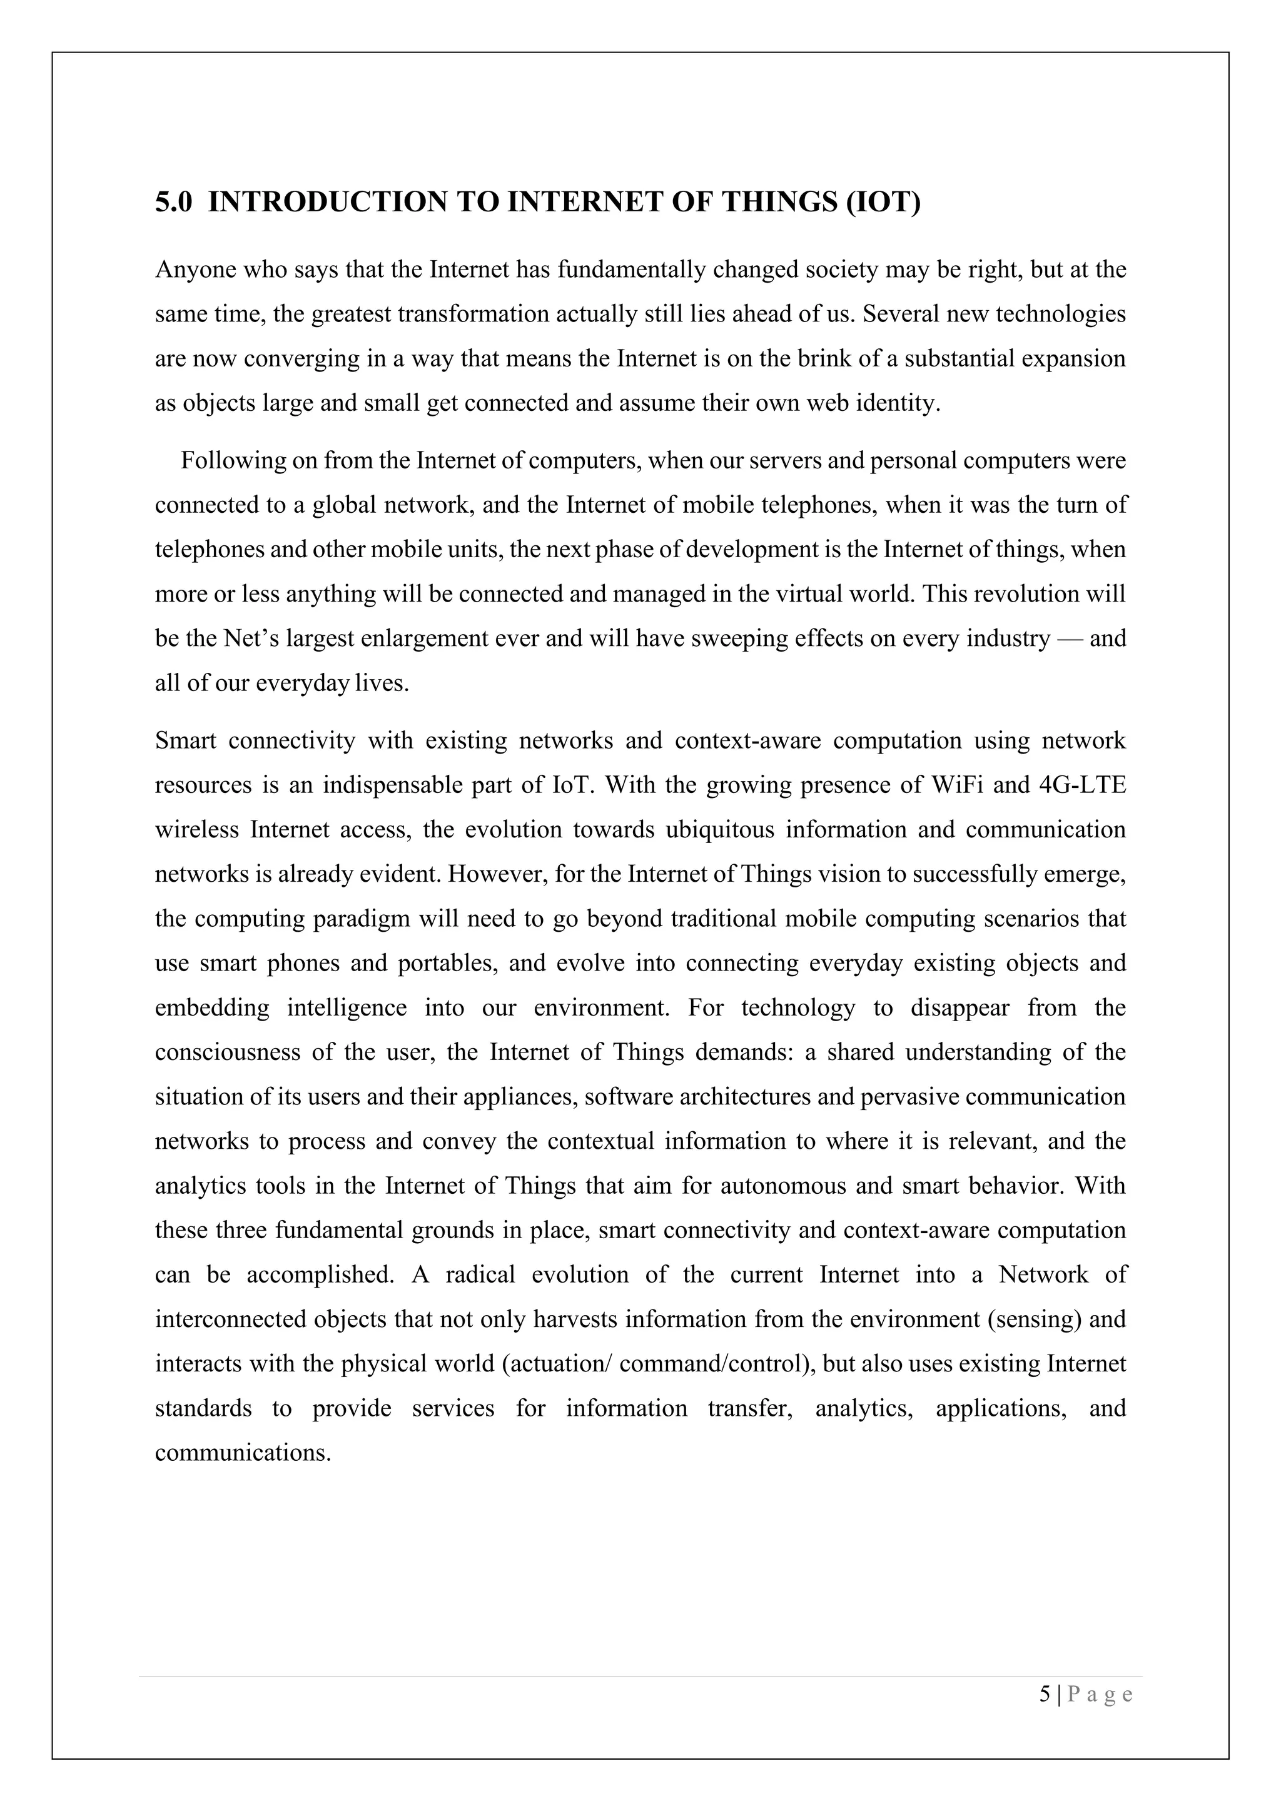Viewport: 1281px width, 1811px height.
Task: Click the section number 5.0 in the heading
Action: [x=173, y=202]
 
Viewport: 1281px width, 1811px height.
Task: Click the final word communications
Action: [x=242, y=1453]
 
